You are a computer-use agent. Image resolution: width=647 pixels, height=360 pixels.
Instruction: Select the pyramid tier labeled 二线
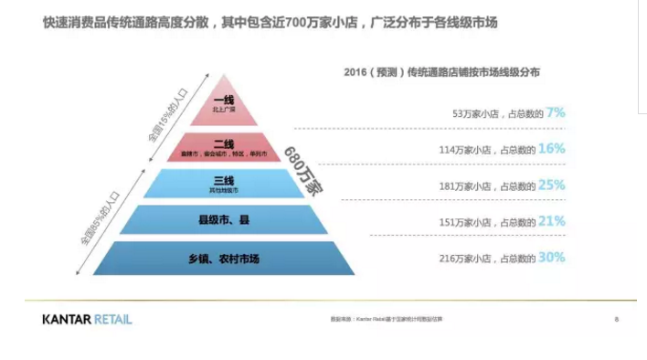[224, 146]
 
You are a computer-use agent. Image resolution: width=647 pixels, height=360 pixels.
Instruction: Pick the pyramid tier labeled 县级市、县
[224, 221]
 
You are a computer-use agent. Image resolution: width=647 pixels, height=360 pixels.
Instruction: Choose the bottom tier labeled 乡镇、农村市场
[224, 259]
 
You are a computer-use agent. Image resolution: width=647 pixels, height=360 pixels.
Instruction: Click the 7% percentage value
[556, 112]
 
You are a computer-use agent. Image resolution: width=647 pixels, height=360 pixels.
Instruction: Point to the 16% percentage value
[553, 148]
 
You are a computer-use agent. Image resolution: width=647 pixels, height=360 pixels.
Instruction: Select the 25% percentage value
[552, 185]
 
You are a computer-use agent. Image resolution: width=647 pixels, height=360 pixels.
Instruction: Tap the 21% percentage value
[552, 221]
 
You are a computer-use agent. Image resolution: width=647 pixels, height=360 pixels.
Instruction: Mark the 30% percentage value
[552, 258]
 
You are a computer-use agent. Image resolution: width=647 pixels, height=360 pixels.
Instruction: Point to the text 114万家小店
[466, 150]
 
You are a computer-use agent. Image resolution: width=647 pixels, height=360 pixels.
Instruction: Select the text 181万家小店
[466, 186]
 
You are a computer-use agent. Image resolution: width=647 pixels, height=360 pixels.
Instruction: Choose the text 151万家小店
[466, 223]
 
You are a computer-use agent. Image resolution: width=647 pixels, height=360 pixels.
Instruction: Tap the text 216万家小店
[466, 259]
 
